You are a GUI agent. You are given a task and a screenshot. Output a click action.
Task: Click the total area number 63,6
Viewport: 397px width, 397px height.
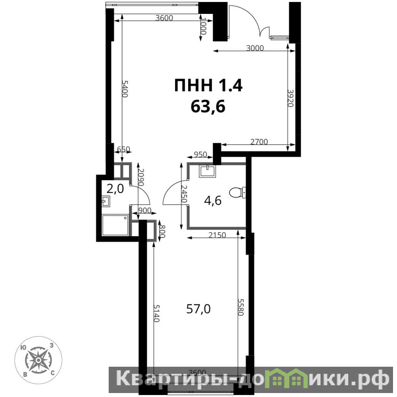[208, 107]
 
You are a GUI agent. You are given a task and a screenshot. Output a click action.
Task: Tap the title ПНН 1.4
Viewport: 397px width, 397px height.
[208, 85]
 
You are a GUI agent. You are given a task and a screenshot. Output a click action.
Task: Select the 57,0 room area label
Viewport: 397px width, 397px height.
[198, 309]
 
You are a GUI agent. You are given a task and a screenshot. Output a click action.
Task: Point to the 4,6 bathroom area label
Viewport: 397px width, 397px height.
[213, 200]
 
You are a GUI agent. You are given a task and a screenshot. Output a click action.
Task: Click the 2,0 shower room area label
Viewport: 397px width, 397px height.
[115, 189]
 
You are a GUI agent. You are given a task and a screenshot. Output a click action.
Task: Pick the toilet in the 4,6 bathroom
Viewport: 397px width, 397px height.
[237, 193]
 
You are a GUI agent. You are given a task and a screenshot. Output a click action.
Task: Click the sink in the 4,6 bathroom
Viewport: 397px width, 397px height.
[207, 171]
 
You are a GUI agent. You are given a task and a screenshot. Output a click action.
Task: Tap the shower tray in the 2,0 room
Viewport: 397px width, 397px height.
[115, 225]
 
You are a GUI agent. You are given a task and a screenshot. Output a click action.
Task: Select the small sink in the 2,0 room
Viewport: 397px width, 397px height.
[106, 201]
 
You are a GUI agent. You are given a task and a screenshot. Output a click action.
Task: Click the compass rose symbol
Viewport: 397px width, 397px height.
[38, 360]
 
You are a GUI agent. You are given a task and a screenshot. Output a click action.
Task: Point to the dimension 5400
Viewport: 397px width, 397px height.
[125, 88]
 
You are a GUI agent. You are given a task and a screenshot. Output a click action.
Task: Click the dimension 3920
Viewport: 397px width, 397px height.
[290, 98]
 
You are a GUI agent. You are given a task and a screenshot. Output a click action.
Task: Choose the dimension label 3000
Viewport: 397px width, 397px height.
[255, 48]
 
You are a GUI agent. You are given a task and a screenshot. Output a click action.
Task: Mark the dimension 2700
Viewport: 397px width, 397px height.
[259, 141]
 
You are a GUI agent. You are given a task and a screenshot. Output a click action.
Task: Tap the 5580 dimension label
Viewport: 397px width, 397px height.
[240, 307]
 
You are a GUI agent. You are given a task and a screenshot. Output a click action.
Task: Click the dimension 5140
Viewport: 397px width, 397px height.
[157, 313]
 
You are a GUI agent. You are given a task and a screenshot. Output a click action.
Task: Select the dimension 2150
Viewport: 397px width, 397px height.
[217, 235]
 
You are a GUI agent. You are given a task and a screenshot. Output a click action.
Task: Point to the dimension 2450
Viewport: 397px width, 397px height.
[184, 194]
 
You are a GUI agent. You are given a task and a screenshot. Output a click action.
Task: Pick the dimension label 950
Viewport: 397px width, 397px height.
[200, 154]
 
